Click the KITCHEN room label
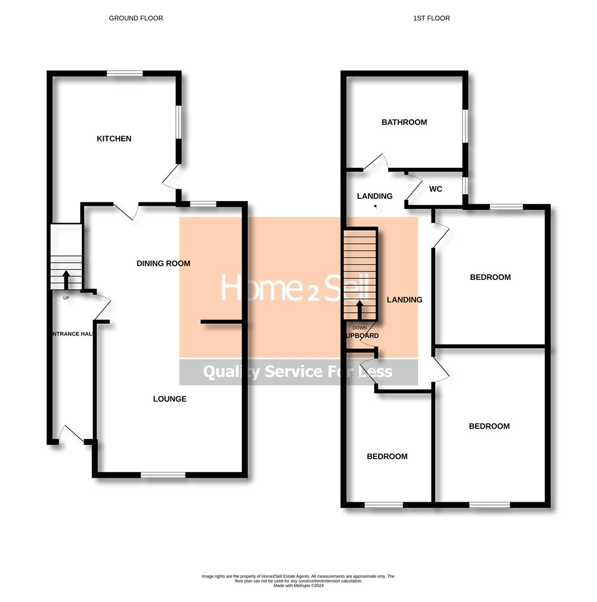(x=114, y=139)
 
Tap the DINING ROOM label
(x=163, y=264)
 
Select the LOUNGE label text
(x=170, y=399)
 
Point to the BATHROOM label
(x=404, y=123)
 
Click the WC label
(x=435, y=190)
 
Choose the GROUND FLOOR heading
(x=136, y=18)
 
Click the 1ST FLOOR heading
(x=432, y=18)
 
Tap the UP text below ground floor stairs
(x=66, y=298)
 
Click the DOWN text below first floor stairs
(x=360, y=328)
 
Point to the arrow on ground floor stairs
(x=66, y=279)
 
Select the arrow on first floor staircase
(x=360, y=310)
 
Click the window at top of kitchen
(x=125, y=73)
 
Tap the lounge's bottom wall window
(x=163, y=475)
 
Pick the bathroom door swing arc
(x=376, y=162)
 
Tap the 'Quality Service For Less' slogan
(x=298, y=372)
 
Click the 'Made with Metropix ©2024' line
(x=298, y=586)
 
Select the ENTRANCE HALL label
(x=72, y=334)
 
